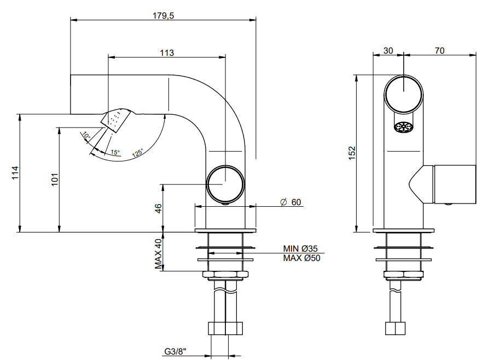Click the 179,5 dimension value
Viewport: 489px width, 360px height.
tap(163, 16)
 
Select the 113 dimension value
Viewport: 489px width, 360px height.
tap(167, 53)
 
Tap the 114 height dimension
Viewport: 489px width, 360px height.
tap(15, 173)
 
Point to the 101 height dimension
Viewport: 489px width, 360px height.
tap(55, 179)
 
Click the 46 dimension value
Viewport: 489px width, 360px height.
tap(159, 208)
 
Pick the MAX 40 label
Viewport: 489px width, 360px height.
tap(159, 254)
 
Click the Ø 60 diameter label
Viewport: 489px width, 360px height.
tap(290, 202)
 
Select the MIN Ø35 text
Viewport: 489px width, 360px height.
tap(300, 248)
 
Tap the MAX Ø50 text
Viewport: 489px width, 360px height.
tap(301, 258)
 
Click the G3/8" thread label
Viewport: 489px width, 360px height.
tap(175, 352)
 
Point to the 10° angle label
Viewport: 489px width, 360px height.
tap(86, 136)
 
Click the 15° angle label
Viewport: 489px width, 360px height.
tap(115, 152)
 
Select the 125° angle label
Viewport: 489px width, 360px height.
tap(137, 153)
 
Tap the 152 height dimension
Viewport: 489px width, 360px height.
tap(352, 153)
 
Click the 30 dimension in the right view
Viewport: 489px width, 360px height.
tap(388, 50)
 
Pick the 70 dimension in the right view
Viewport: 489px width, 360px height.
tap(439, 50)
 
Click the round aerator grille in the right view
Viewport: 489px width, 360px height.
tap(404, 127)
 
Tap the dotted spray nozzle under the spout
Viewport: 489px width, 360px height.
tap(115, 120)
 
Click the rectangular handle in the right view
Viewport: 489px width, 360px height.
tap(455, 184)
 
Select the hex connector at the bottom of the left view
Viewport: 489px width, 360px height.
tap(225, 328)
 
